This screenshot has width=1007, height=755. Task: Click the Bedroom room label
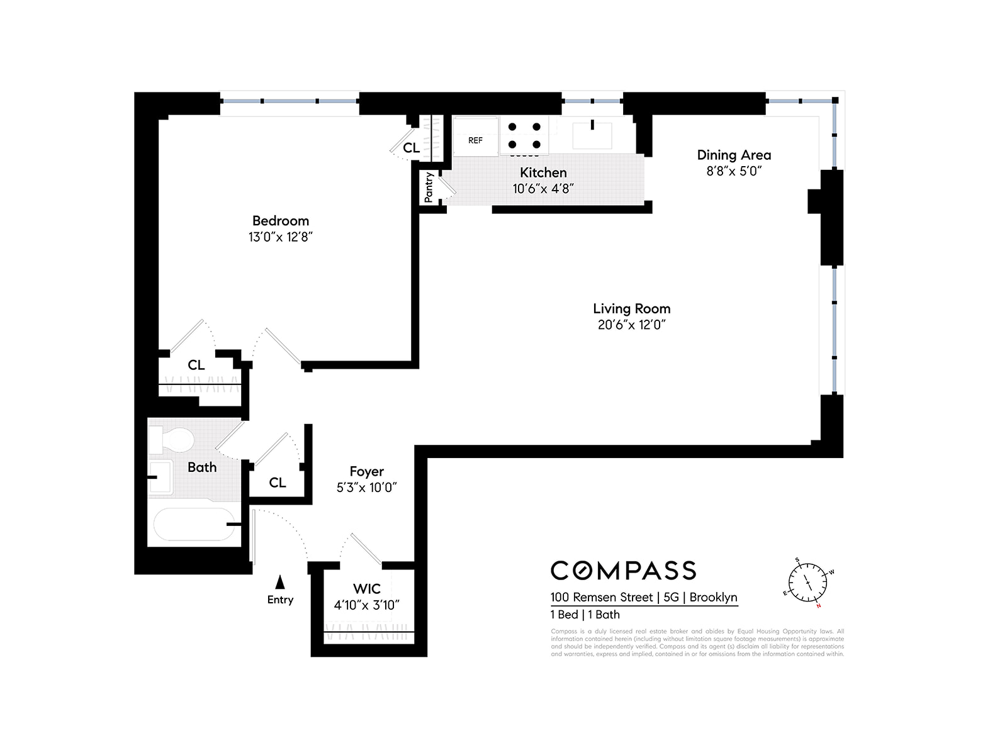pos(281,221)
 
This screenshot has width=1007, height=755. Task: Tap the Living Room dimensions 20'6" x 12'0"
pos(631,325)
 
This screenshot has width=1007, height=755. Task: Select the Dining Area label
pos(734,155)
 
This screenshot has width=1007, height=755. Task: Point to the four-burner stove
pos(524,136)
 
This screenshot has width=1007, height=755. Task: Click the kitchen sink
pos(592,134)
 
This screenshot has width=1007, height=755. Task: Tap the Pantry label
pos(429,187)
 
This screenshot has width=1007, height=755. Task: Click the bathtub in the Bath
pos(193,525)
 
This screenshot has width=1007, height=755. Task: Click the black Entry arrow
pos(280,582)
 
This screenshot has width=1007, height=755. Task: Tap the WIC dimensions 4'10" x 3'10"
pos(366,605)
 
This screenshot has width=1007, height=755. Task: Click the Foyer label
pos(366,471)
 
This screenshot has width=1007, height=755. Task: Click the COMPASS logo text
pos(623,571)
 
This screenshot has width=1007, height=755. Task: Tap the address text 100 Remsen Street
pos(602,597)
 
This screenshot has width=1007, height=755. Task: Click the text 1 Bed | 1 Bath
pos(585,615)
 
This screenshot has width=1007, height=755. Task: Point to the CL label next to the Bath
pos(278,483)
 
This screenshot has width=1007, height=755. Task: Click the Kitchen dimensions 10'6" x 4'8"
pos(543,188)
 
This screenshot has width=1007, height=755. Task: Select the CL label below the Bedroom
pos(196,365)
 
